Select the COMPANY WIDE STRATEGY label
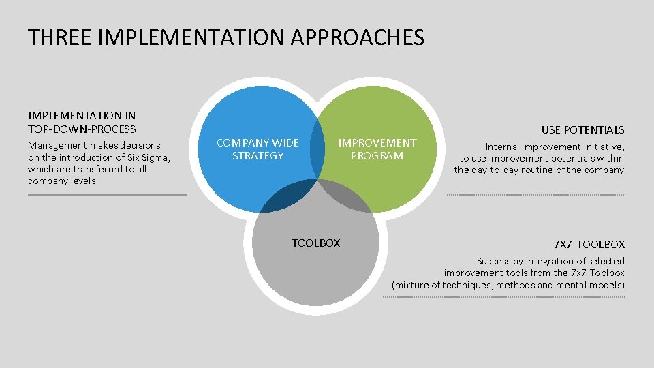coord(258,149)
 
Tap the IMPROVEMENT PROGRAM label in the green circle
coord(377,149)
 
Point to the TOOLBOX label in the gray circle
coord(315,243)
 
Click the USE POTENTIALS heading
coord(582,129)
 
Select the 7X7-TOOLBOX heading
coord(589,244)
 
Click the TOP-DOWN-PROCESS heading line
coord(82,129)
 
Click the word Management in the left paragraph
coord(57,145)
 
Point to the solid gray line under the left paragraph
coord(107,194)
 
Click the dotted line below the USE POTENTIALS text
coord(535,196)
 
